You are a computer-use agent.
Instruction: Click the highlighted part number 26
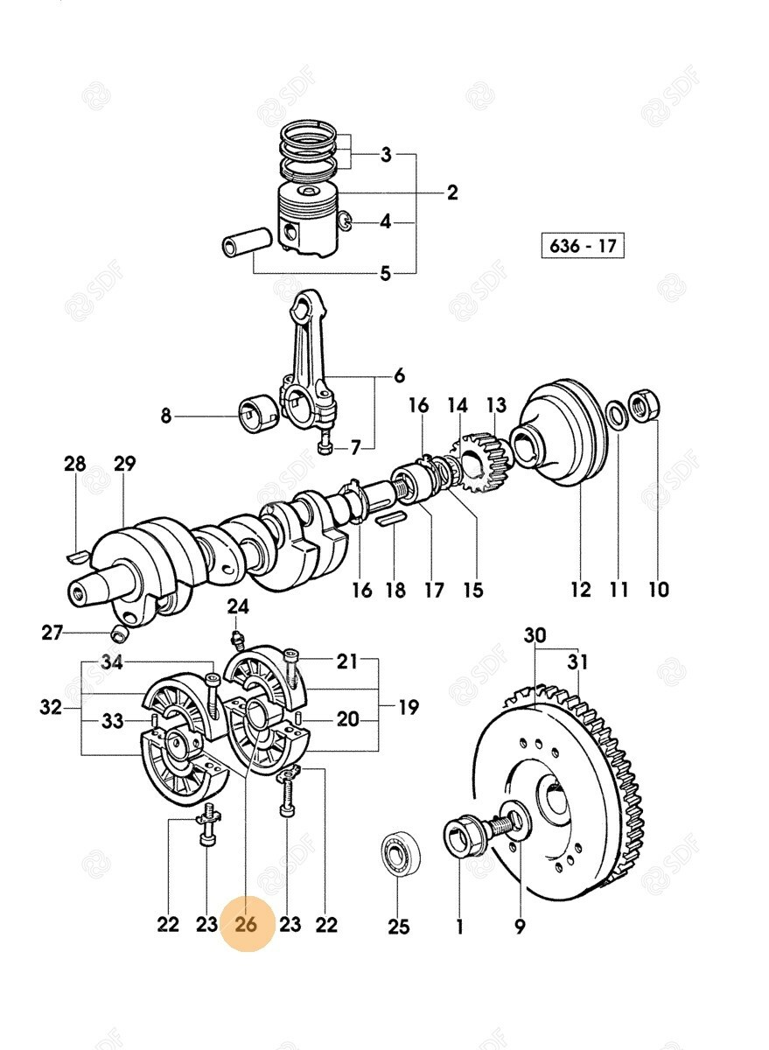point(247,924)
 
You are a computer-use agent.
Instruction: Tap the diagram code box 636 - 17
point(583,245)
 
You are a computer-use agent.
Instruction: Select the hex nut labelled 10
point(645,402)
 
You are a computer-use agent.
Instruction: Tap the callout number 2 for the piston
point(451,192)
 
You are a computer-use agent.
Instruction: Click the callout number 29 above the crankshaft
point(124,464)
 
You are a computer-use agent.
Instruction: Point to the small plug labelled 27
point(120,634)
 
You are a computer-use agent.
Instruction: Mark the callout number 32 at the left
point(51,707)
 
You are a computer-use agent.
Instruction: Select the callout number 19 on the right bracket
point(408,707)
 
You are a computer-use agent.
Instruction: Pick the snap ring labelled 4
point(346,221)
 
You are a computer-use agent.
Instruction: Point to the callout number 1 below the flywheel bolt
point(459,927)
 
